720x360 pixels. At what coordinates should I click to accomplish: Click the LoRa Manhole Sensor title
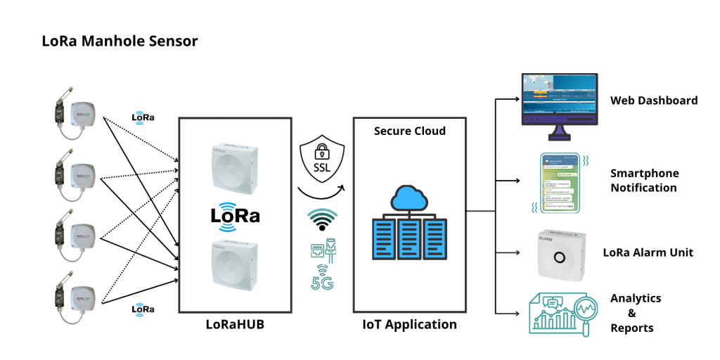(x=120, y=41)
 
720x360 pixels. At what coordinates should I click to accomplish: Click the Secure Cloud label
(x=410, y=131)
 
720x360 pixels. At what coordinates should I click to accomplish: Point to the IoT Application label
(x=409, y=324)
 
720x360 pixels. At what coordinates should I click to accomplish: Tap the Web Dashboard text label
(x=654, y=101)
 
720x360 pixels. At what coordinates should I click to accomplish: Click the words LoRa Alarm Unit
(x=648, y=252)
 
